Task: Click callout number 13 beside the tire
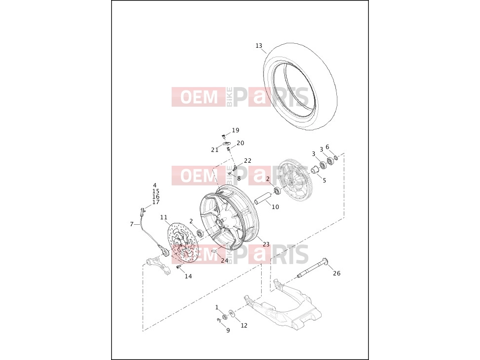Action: pos(259,46)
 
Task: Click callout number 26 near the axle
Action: pos(336,273)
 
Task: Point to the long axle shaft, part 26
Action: pos(312,269)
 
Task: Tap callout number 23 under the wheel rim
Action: pos(266,244)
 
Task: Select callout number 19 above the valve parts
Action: pos(236,130)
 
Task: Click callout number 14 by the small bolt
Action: pos(188,276)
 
